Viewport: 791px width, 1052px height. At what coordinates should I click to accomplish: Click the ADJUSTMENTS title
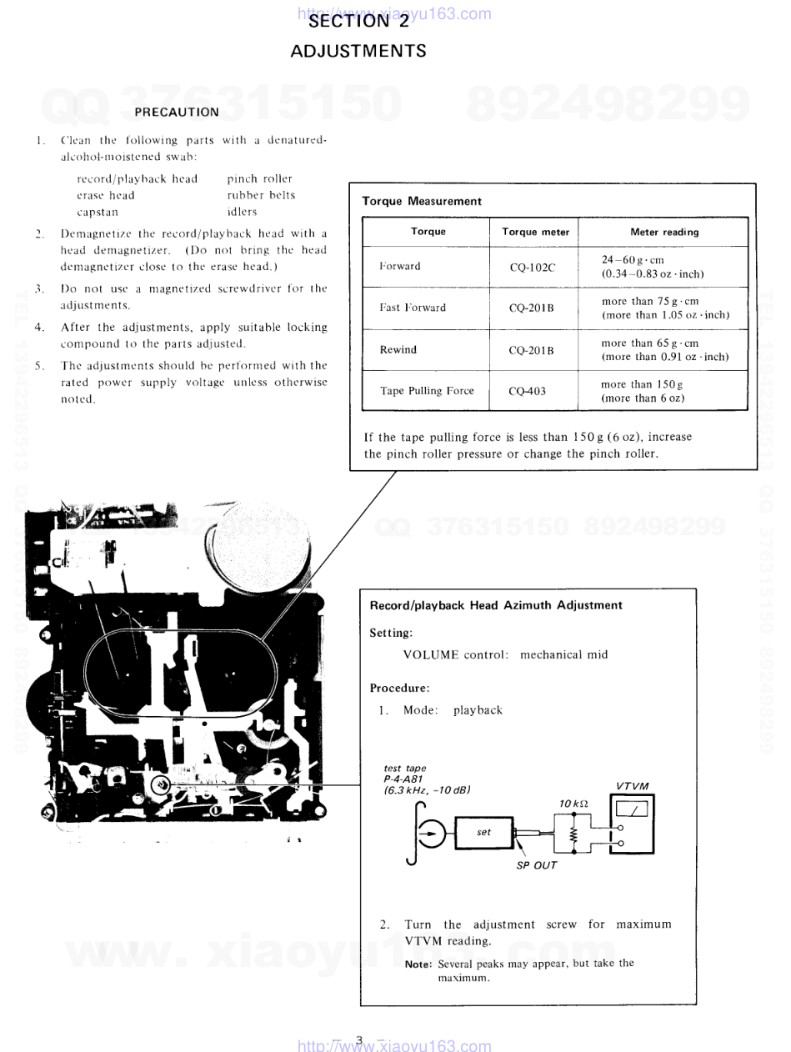click(358, 51)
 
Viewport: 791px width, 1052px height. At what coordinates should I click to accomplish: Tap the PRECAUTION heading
click(177, 111)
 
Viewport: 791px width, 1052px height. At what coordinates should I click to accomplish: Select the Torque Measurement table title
click(422, 201)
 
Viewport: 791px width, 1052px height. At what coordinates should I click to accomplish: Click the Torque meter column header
click(538, 232)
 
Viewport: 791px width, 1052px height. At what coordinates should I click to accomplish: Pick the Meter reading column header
click(664, 232)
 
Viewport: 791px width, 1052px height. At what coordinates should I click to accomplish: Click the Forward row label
click(400, 267)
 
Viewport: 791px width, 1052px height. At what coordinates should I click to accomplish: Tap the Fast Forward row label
click(413, 308)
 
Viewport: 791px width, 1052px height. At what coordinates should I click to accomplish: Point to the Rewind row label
click(398, 349)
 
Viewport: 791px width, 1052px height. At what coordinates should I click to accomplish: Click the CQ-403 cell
click(527, 390)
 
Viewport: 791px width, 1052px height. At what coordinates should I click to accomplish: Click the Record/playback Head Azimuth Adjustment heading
click(496, 605)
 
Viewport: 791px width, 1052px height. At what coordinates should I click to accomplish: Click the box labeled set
click(484, 832)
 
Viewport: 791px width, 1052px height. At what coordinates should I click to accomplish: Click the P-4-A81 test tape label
click(403, 779)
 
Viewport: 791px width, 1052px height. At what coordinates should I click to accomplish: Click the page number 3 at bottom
click(359, 1039)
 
